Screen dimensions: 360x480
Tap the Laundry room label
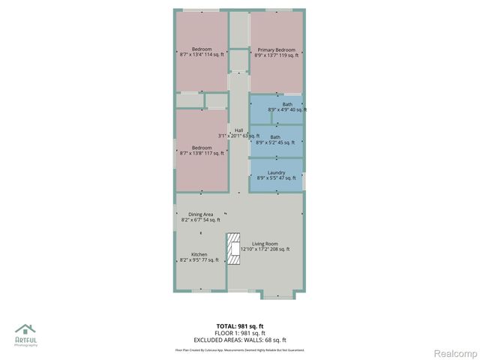pos(276,172)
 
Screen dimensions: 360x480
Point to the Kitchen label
pos(199,254)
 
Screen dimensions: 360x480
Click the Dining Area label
pos(200,214)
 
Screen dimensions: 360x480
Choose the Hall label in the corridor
pos(238,130)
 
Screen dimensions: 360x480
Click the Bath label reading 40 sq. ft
pos(287,104)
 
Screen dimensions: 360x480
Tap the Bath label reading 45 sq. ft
pos(275,137)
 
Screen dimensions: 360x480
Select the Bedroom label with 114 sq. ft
pos(202,49)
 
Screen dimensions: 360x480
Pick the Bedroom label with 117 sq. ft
pos(202,148)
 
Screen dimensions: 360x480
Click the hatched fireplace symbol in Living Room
pos(234,250)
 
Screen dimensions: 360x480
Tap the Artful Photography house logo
pos(25,329)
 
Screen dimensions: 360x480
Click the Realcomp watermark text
pos(457,353)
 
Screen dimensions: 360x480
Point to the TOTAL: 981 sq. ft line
pos(240,326)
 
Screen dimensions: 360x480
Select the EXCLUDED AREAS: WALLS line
pos(240,340)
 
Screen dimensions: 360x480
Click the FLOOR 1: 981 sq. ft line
pos(240,333)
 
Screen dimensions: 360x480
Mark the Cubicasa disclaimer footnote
pos(240,349)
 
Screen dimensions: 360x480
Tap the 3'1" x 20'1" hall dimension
pos(238,136)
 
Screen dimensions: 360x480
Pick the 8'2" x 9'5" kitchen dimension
pos(199,260)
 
